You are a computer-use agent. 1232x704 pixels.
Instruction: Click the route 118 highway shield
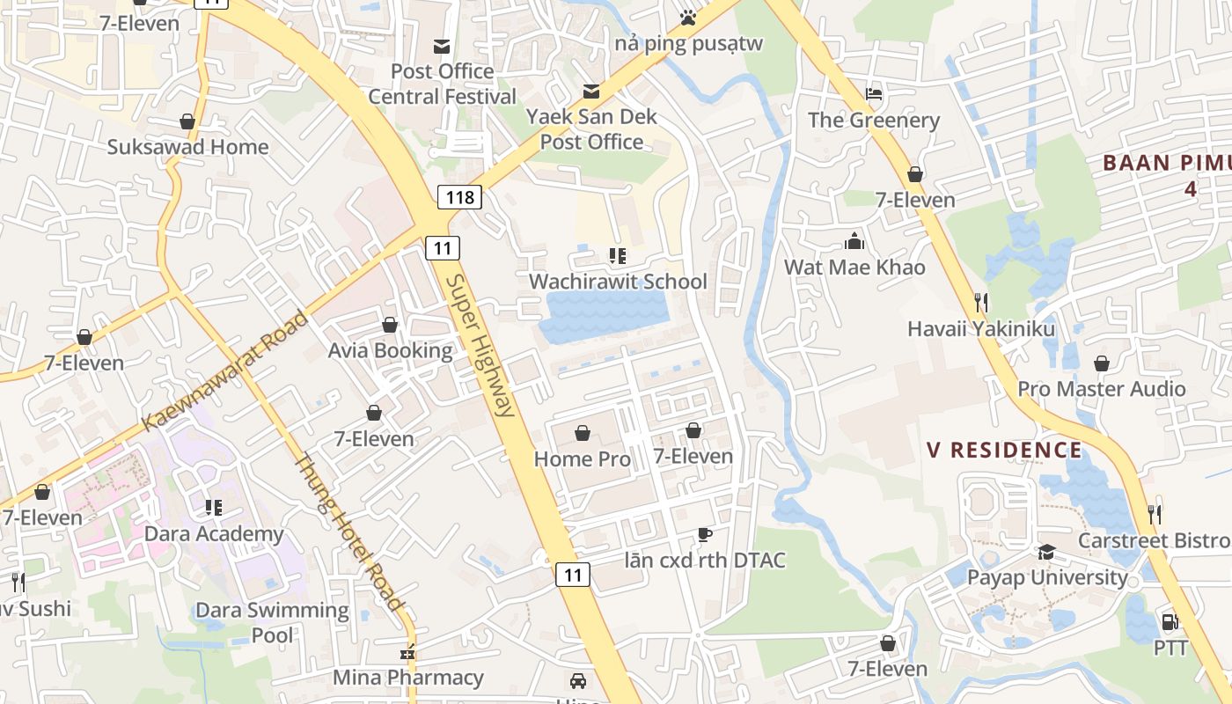pos(459,197)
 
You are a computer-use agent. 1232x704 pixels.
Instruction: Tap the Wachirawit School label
pos(618,282)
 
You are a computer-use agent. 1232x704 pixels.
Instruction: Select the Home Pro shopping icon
pos(582,433)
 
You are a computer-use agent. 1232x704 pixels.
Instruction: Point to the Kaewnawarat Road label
pos(225,370)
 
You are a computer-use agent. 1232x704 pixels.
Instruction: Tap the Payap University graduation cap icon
pos(1046,552)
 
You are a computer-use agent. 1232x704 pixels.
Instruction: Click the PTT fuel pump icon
pos(1170,622)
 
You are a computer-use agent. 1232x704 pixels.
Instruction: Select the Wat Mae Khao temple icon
pos(854,241)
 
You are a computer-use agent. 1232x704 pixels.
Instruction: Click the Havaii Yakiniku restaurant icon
pos(981,303)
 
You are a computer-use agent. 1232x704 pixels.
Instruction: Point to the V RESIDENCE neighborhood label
pos(1004,451)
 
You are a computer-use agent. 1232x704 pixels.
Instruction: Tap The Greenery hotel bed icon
pos(874,94)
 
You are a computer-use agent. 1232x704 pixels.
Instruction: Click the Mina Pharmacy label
pos(408,678)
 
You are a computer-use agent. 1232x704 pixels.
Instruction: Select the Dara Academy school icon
pos(213,508)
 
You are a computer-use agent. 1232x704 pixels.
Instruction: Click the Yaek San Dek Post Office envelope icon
pos(591,91)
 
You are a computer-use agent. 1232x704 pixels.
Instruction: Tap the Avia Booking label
pos(390,351)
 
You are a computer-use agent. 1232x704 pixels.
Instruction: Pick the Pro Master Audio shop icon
pos(1101,363)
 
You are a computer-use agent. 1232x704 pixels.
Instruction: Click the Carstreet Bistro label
pos(1154,540)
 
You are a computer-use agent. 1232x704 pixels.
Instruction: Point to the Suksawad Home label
pos(187,147)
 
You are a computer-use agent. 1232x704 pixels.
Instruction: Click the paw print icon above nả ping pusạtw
pos(688,17)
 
